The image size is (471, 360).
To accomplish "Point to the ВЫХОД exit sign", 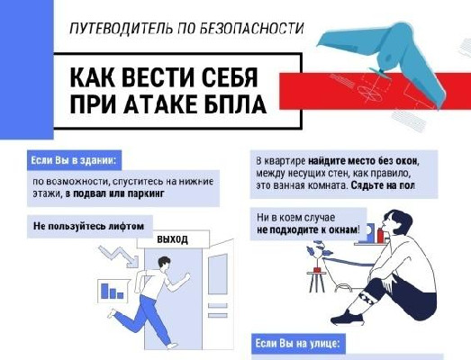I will coord(172,240).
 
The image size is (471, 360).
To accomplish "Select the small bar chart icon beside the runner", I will coord(113,291).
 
